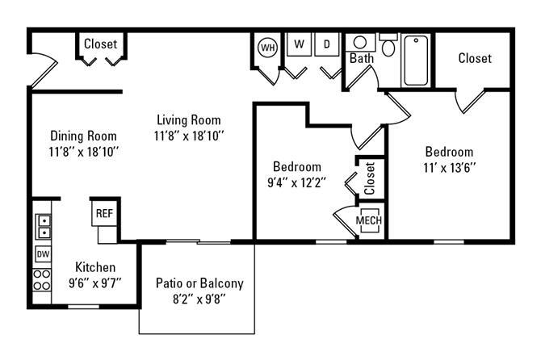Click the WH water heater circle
coord(267,47)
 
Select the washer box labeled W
coord(299,44)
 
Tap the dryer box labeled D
coord(327,44)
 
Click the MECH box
coord(369,221)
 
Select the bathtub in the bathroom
coord(417,60)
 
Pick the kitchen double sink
coord(43,227)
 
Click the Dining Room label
coord(83,136)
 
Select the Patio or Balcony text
coord(199,283)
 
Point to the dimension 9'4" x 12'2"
coord(297,182)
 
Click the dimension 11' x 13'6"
coord(449,168)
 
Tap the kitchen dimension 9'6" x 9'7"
coord(95,283)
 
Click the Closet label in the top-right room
coord(475,58)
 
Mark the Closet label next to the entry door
coord(100,44)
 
